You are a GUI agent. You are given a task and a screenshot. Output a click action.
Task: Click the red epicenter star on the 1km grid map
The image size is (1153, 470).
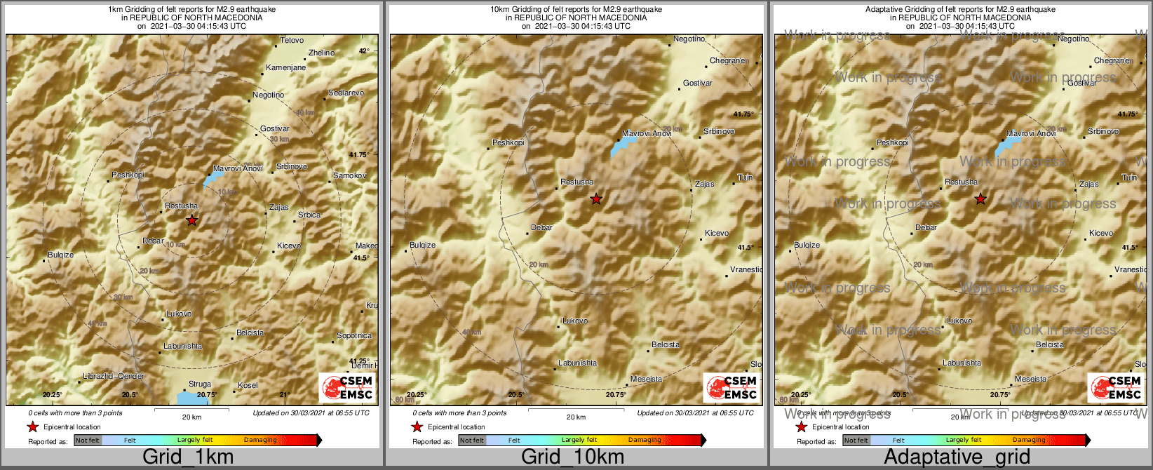[191, 220]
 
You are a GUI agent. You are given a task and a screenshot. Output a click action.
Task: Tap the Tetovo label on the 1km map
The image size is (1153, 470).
[292, 41]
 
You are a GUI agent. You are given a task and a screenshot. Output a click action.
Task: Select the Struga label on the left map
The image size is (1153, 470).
[200, 384]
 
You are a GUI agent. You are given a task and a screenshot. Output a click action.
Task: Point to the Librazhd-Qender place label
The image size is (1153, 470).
[114, 377]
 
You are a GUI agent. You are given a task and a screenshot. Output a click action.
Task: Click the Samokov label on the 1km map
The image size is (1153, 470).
[349, 175]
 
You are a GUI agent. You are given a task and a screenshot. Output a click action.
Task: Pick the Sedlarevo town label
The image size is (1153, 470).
[346, 93]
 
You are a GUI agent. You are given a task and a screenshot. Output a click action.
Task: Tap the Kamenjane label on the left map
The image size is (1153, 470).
[285, 68]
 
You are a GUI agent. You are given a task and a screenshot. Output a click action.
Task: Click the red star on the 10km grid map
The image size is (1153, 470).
[595, 199]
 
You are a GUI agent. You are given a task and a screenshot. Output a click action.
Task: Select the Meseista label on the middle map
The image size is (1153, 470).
[646, 380]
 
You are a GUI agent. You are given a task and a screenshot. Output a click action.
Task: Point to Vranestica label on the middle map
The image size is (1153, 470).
[746, 269]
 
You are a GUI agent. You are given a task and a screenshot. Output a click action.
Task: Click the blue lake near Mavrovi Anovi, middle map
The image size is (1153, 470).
[622, 147]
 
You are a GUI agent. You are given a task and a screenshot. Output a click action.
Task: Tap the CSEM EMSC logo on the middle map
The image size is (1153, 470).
[731, 388]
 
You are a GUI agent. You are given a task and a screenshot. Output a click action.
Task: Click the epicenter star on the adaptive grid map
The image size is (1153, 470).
[980, 199]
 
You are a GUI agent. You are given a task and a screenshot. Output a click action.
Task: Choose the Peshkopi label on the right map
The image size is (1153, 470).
[892, 142]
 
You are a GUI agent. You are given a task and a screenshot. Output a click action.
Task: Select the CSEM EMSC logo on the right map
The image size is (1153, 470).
[1116, 388]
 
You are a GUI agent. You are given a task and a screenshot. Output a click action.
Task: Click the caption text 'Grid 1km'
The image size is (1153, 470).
[188, 457]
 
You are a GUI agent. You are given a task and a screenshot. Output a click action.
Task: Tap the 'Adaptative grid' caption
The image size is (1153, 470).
[957, 457]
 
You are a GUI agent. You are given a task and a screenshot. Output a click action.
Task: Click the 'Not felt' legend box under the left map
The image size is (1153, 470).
[88, 441]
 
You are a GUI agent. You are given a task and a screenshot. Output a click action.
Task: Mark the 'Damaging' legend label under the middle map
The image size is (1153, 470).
[645, 441]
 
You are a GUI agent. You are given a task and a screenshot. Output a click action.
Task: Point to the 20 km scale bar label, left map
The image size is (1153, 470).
[191, 417]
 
